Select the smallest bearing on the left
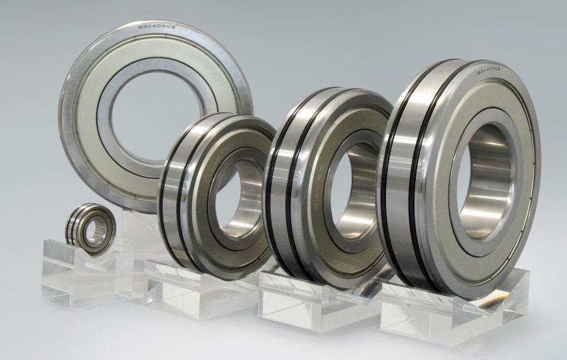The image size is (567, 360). click(x=91, y=228)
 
